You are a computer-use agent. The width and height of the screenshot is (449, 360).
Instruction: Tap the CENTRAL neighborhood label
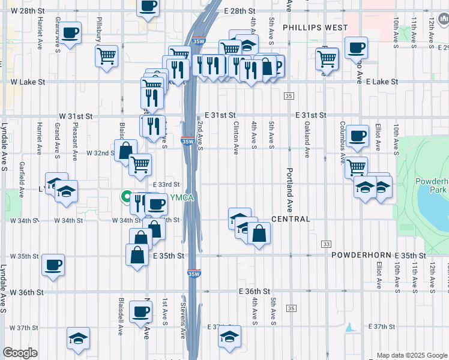pos(291,219)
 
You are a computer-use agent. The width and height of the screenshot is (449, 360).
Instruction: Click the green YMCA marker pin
pos(127,196)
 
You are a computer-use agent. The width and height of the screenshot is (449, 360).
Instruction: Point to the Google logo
pos(20,353)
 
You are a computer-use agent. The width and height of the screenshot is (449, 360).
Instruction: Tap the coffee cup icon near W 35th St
pos(53,263)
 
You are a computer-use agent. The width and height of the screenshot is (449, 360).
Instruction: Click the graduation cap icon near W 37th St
pos(78,338)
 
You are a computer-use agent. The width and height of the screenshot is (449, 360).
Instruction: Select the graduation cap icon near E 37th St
pos(229,337)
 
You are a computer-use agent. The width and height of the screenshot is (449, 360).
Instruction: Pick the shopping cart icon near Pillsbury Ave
pos(106,56)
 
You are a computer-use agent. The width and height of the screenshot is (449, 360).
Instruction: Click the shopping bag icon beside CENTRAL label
pos(259,233)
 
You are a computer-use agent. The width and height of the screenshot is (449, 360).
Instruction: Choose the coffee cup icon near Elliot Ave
pos(358,136)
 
